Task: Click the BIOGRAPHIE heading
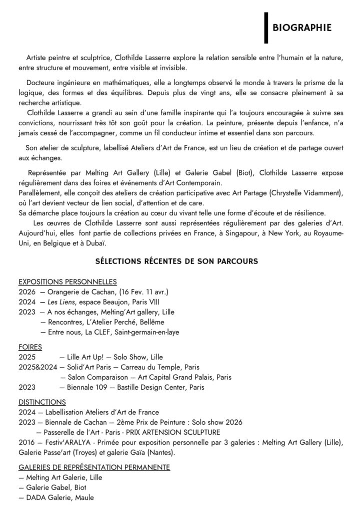pyautogui.click(x=302, y=27)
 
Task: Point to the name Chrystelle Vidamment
pyautogui.click(x=305, y=193)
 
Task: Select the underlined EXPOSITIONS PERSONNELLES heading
pyautogui.click(x=67, y=282)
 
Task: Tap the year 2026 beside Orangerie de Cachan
pyautogui.click(x=26, y=292)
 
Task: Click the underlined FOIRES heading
pyautogui.click(x=30, y=346)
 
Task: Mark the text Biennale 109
pyautogui.click(x=83, y=387)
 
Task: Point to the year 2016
pyautogui.click(x=26, y=442)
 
